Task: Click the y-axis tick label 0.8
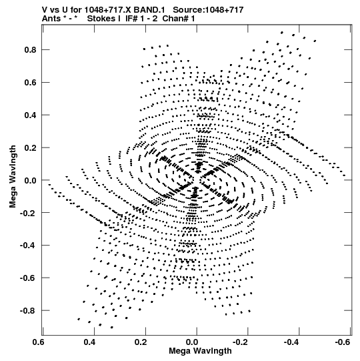(31, 50)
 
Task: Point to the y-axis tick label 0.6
(31, 83)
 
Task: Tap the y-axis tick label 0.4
(31, 115)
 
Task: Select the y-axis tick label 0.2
(31, 147)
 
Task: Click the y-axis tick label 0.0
(31, 180)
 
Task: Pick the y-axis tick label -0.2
(28, 213)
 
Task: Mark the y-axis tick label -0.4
(28, 246)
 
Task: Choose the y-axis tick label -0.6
(28, 278)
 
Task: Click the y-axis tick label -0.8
(28, 310)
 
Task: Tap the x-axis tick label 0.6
(39, 342)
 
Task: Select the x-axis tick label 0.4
(90, 342)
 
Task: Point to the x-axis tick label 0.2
(141, 342)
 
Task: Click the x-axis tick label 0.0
(192, 342)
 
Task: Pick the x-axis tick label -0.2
(241, 342)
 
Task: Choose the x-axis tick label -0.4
(292, 342)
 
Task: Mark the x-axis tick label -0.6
(343, 342)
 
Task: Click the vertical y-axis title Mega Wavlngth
(13, 177)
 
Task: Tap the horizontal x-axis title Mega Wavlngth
(200, 351)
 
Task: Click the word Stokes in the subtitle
(101, 19)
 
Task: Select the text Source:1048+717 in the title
(208, 10)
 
